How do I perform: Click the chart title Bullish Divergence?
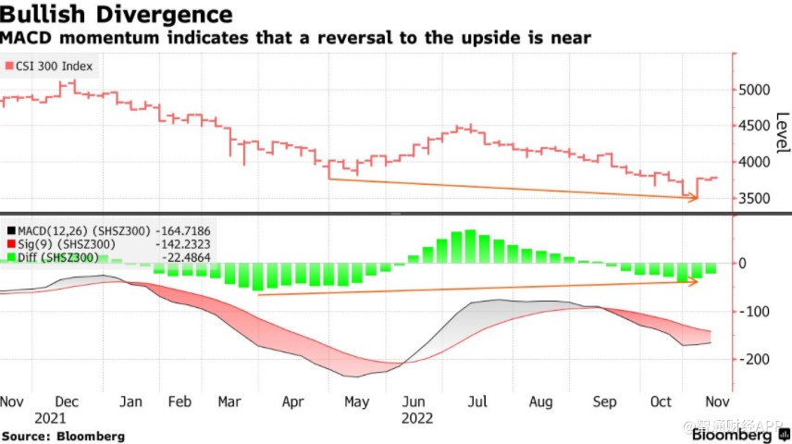coord(116,15)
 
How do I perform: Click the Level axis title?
coord(782,133)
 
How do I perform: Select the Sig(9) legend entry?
coord(69,243)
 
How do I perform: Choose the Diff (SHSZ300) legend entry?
coord(69,257)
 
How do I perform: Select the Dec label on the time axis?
coord(66,402)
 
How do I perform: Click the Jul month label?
coord(477,402)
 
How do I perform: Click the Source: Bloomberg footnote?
coord(62,435)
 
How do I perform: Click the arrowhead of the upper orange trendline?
coord(695,197)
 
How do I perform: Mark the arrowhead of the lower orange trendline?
coord(695,281)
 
